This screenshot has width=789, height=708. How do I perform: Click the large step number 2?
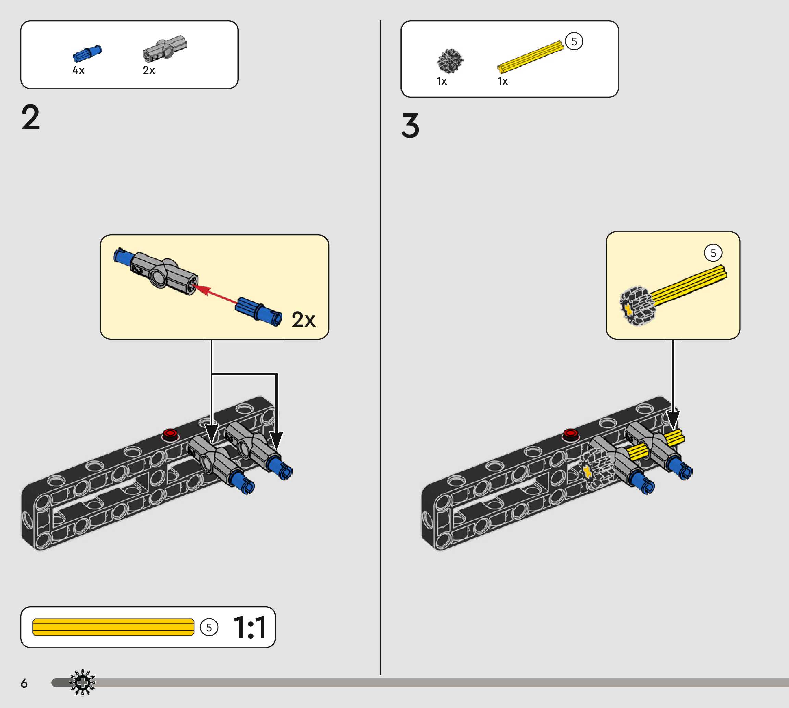pyautogui.click(x=31, y=117)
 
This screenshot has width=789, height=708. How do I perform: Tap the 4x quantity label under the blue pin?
pyautogui.click(x=78, y=70)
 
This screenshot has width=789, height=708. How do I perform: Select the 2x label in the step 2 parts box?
pyautogui.click(x=149, y=70)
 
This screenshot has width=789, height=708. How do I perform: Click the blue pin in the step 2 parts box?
pyautogui.click(x=87, y=53)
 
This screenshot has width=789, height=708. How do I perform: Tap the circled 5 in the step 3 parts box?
pyautogui.click(x=574, y=41)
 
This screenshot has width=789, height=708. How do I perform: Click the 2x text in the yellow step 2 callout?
pyautogui.click(x=303, y=320)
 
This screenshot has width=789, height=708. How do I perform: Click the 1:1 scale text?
pyautogui.click(x=250, y=628)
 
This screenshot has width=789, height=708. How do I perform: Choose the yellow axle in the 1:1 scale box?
pyautogui.click(x=113, y=627)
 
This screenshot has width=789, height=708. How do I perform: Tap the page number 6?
pyautogui.click(x=24, y=683)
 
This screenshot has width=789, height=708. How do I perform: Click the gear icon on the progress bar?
pyautogui.click(x=82, y=682)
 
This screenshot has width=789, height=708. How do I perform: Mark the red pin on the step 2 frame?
pyautogui.click(x=170, y=433)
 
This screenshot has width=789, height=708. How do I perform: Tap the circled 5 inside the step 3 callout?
pyautogui.click(x=713, y=253)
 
